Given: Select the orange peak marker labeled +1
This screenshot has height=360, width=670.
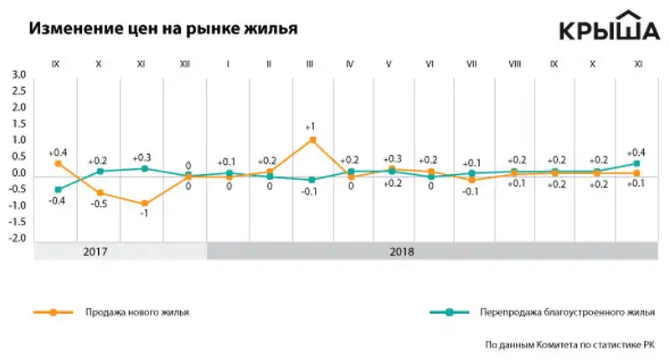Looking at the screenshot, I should point(312,140).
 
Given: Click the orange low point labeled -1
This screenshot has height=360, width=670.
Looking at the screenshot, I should point(145,203).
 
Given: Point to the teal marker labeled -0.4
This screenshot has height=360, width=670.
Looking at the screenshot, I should point(57,189).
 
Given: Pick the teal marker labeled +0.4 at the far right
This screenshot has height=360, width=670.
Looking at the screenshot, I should point(636,163).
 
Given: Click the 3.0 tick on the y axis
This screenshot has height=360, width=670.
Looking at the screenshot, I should point(18,76).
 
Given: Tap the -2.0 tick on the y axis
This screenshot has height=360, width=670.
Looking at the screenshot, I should point(18,239).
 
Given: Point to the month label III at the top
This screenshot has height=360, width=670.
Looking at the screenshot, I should point(310,64).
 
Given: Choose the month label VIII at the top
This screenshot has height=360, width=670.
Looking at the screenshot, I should point(516,64).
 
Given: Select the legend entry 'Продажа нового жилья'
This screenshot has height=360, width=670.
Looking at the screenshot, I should point(137,312).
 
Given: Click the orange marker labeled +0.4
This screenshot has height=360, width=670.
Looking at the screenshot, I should point(57,163).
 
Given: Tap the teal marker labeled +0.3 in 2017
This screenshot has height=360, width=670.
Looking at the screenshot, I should point(145,168).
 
